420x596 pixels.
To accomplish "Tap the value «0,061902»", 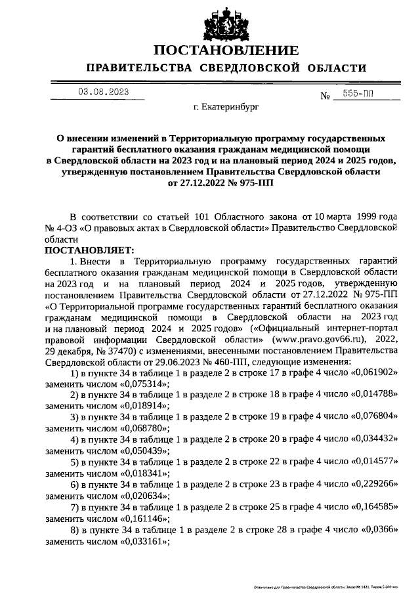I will click(x=373, y=373).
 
